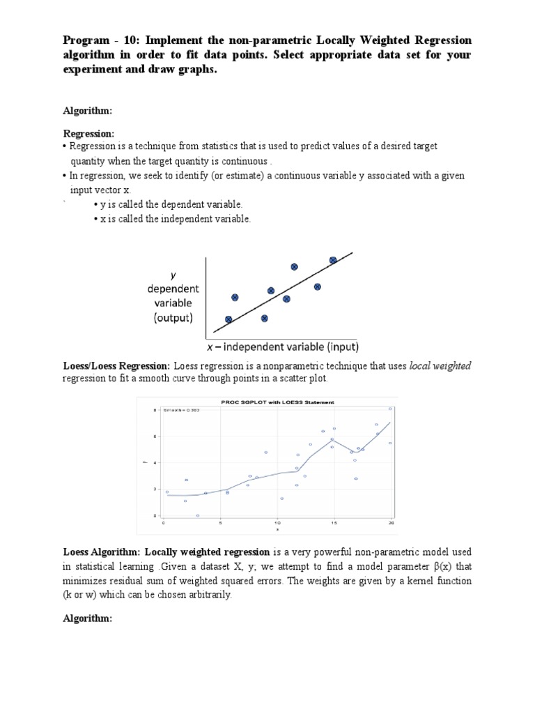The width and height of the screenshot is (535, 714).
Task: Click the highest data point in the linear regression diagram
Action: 333,260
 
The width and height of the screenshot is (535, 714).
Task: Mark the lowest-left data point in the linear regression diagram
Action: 228,319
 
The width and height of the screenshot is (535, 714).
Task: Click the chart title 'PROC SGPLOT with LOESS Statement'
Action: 277,402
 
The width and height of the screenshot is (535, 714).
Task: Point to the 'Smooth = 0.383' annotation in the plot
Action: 180,411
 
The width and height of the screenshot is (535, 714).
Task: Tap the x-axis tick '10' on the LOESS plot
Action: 277,522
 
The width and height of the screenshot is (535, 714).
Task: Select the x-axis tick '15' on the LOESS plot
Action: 334,522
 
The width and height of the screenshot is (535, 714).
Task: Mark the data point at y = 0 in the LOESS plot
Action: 198,515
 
